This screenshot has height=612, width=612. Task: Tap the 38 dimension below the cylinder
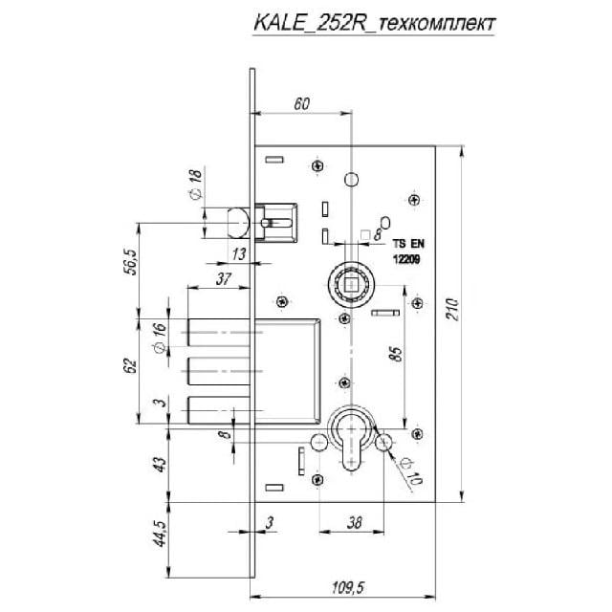[353, 523]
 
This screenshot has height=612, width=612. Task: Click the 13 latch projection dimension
[238, 252]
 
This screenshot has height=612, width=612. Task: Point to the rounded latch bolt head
[236, 223]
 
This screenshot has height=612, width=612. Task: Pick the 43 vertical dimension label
[161, 464]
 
